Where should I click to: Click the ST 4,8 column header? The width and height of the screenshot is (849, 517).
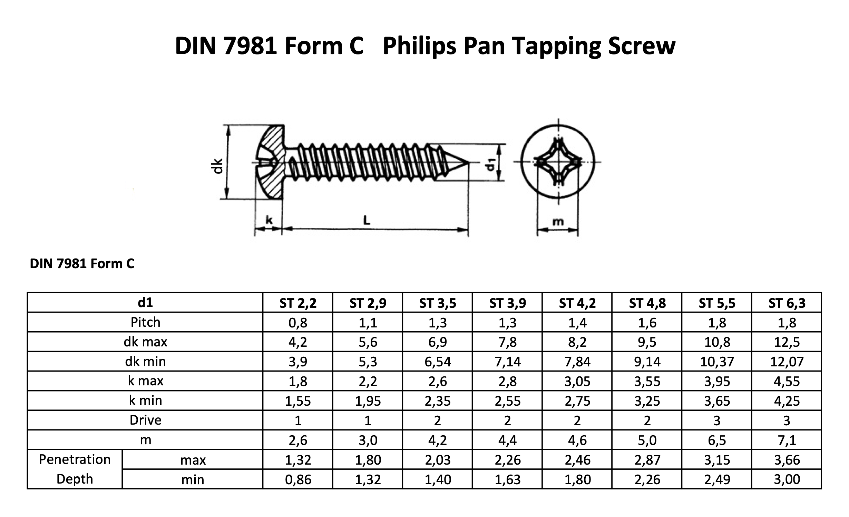click(x=647, y=303)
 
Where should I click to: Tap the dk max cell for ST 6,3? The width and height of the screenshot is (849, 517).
click(x=787, y=342)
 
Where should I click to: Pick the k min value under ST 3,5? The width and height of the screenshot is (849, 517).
click(x=438, y=401)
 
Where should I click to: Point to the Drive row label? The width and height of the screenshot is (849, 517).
click(x=145, y=420)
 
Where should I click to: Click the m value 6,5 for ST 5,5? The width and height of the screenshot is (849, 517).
click(x=717, y=440)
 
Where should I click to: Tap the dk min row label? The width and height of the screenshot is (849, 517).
click(x=145, y=362)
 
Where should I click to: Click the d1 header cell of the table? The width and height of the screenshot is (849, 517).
click(x=145, y=303)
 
